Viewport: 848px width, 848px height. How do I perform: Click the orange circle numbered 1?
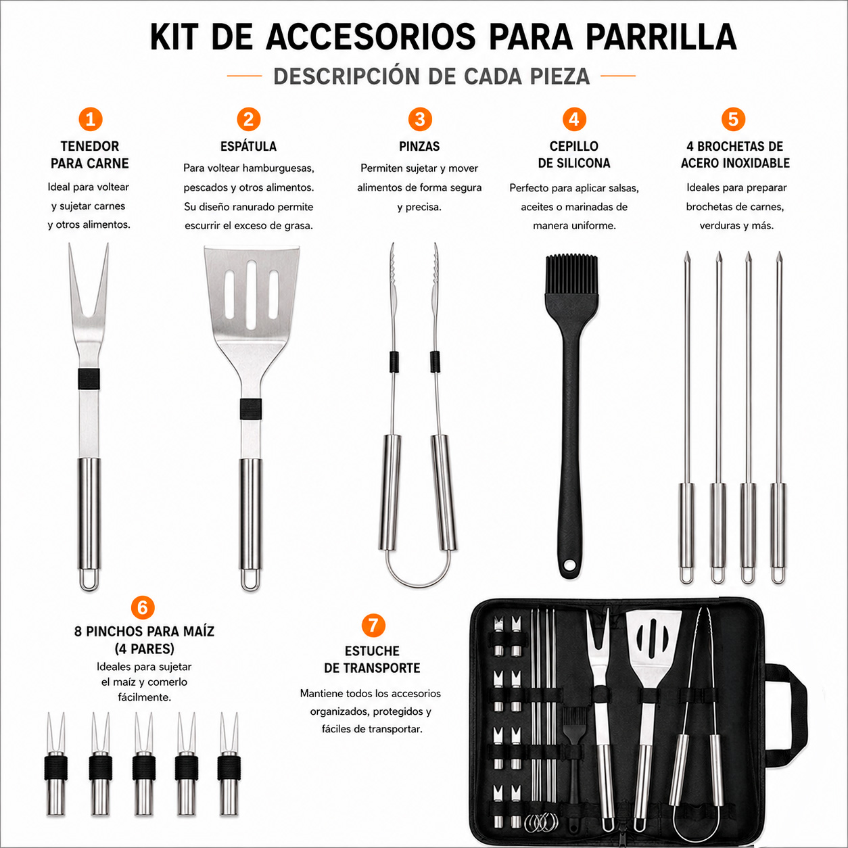click(x=91, y=119)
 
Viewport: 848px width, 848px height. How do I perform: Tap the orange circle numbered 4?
click(x=574, y=119)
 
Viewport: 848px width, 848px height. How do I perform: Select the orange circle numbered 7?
click(x=373, y=625)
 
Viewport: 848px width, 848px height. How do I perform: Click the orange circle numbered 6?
click(x=143, y=608)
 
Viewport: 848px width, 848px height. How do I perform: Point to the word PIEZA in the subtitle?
click(x=559, y=76)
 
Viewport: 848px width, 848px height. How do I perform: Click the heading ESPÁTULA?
click(x=249, y=146)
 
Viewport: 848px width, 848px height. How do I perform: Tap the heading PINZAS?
click(x=419, y=147)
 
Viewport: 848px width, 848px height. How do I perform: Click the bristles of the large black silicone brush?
click(x=571, y=273)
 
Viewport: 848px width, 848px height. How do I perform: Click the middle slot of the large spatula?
click(x=252, y=295)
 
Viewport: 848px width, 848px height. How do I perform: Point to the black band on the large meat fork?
click(x=89, y=379)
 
